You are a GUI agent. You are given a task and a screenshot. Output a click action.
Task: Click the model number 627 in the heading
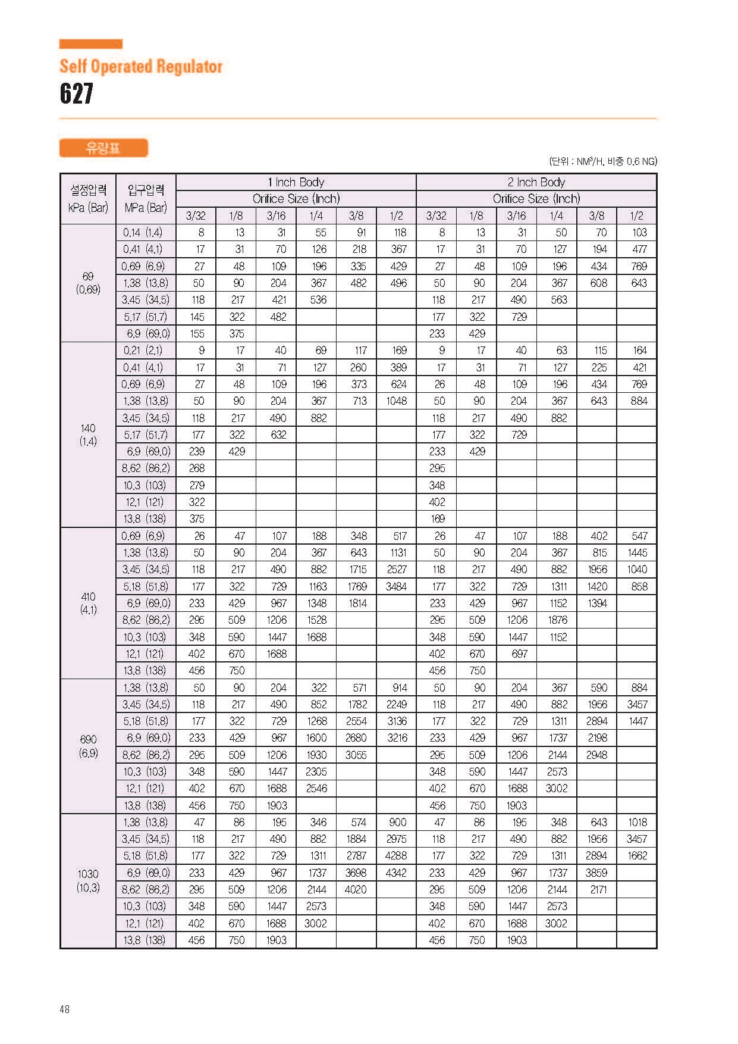pyautogui.click(x=77, y=93)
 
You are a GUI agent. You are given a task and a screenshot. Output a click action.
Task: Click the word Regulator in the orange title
pyautogui.click(x=190, y=67)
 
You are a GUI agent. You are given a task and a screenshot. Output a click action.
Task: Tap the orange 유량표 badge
pyautogui.click(x=103, y=148)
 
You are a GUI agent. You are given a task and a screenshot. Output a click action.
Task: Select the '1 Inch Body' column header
pyautogui.click(x=296, y=182)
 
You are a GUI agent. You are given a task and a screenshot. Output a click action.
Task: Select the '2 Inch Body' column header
pyautogui.click(x=536, y=182)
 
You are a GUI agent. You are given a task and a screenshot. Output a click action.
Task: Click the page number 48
pyautogui.click(x=65, y=1009)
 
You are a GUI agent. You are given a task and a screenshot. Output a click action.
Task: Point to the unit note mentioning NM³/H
pyautogui.click(x=602, y=161)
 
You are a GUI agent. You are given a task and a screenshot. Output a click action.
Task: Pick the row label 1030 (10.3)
pyautogui.click(x=88, y=881)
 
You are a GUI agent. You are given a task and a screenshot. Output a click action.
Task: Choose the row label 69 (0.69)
pyautogui.click(x=88, y=283)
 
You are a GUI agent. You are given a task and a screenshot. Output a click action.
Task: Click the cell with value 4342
pyautogui.click(x=396, y=873)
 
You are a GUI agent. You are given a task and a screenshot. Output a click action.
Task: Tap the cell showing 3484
pyautogui.click(x=396, y=586)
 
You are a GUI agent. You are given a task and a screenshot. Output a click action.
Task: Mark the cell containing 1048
pyautogui.click(x=396, y=401)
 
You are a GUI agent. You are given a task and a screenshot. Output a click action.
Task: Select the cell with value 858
pyautogui.click(x=639, y=586)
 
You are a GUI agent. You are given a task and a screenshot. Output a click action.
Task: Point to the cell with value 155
pyautogui.click(x=197, y=334)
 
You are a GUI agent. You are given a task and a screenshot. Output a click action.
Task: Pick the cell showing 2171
pyautogui.click(x=598, y=889)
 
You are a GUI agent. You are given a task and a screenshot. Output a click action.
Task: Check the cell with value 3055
pyautogui.click(x=356, y=755)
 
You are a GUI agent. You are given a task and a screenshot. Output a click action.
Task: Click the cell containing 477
pyautogui.click(x=639, y=249)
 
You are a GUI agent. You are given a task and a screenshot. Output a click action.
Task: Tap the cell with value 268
pyautogui.click(x=197, y=468)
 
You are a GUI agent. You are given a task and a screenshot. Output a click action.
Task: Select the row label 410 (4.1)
pyautogui.click(x=88, y=603)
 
